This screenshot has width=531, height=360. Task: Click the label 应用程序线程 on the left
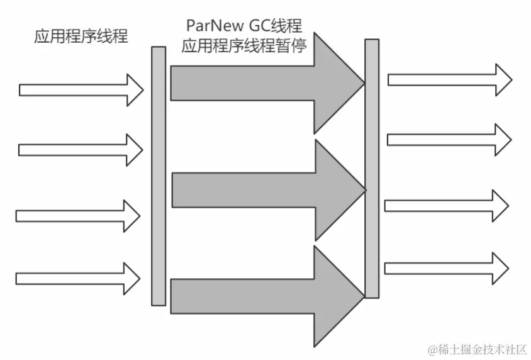pyautogui.click(x=81, y=37)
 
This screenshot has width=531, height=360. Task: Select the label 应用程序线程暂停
pyautogui.click(x=244, y=46)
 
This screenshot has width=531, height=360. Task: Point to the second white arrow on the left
pyautogui.click(x=81, y=150)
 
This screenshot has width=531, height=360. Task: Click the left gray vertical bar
pyautogui.click(x=159, y=176)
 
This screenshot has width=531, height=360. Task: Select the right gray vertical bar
pyautogui.click(x=372, y=168)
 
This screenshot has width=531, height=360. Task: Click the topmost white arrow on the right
pyautogui.click(x=450, y=79)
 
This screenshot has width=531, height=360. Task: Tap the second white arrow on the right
pyautogui.click(x=449, y=139)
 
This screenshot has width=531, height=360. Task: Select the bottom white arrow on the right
pyautogui.click(x=447, y=267)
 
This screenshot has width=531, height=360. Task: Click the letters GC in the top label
pyautogui.click(x=260, y=26)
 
